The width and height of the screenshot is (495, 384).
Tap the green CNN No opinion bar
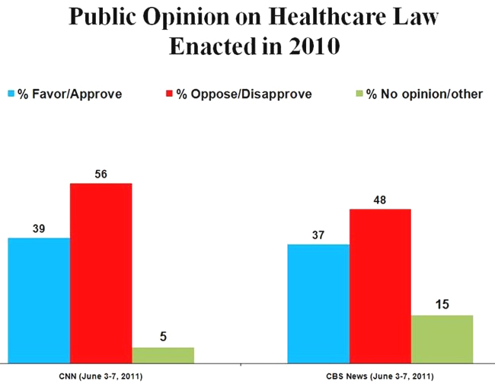click(163, 354)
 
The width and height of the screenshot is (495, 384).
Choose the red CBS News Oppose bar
click(380, 285)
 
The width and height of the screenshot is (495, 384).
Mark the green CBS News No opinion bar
click(442, 338)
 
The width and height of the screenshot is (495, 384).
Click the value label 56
click(101, 173)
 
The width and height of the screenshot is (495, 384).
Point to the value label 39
click(39, 228)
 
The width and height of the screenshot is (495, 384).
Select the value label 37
click(318, 235)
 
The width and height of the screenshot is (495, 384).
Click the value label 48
click(380, 199)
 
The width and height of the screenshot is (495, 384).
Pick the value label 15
click(442, 305)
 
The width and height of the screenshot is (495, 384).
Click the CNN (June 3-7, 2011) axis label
click(101, 377)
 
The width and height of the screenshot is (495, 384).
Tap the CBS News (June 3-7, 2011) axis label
click(380, 377)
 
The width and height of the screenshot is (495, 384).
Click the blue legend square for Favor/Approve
click(11, 94)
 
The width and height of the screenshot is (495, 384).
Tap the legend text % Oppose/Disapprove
click(244, 94)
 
